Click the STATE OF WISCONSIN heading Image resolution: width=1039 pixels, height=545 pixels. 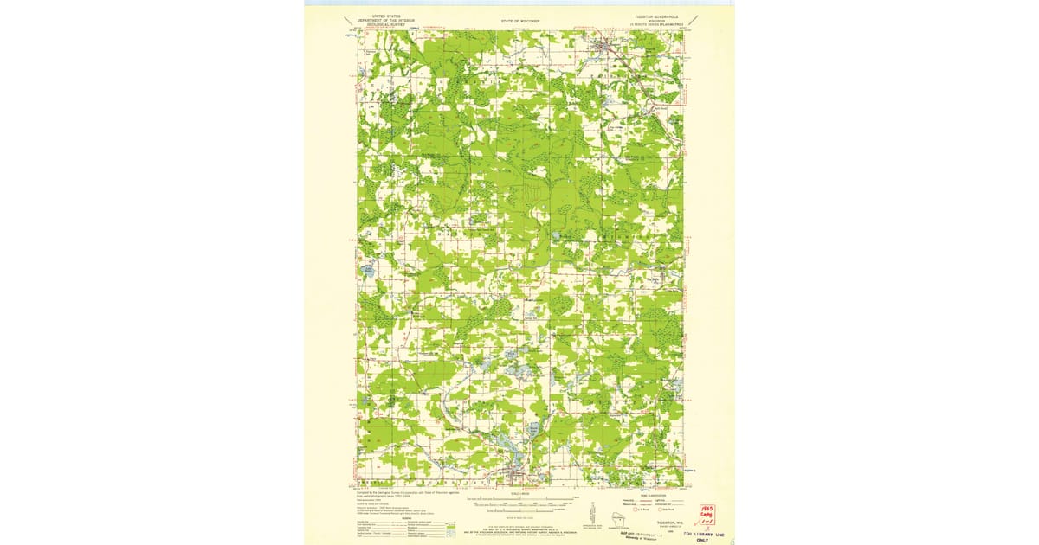pos(519,19)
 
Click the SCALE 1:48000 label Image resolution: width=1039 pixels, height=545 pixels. pos(519,494)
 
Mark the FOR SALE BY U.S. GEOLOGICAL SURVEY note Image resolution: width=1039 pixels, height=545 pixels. pos(519,528)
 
